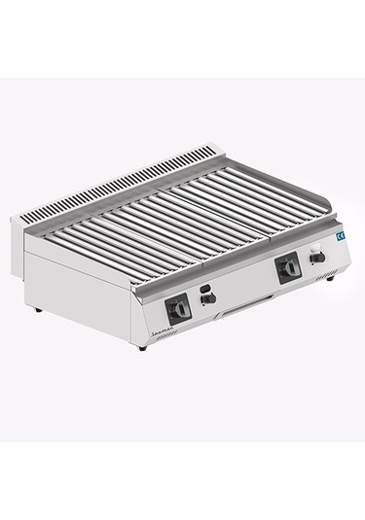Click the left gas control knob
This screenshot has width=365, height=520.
tap(176, 309)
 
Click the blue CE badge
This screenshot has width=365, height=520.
tap(340, 236)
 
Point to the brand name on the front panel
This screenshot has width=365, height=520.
tap(164, 331)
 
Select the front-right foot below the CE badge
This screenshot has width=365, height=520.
tap(332, 279)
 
